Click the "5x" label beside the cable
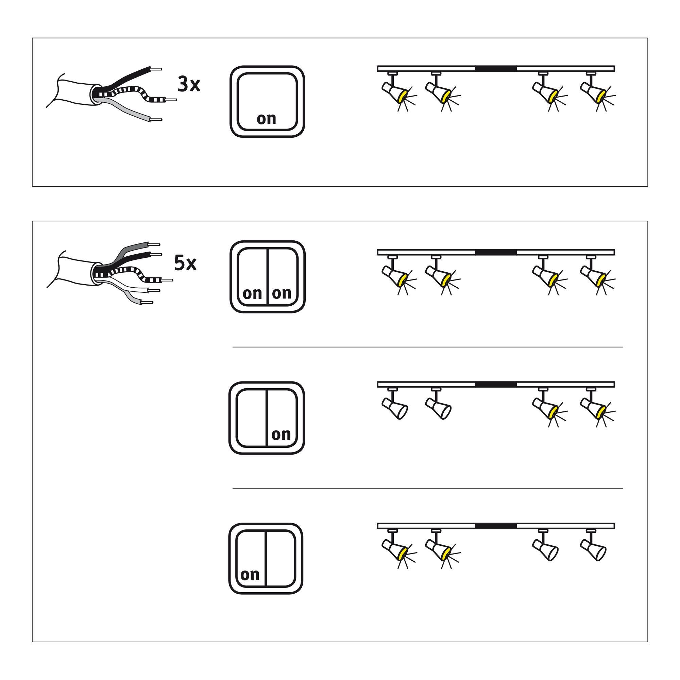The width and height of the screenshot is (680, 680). [185, 263]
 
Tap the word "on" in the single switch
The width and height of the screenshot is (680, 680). [266, 119]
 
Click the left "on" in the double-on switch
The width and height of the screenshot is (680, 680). [252, 293]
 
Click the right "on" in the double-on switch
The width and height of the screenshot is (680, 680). [282, 293]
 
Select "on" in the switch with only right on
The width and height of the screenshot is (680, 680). [281, 434]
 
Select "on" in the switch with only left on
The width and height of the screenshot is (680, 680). [250, 575]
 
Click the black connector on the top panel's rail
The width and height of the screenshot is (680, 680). [496, 69]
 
